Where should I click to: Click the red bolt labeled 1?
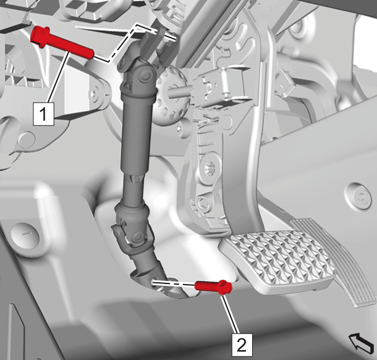click(x=62, y=43)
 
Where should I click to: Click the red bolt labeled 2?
click(x=213, y=287)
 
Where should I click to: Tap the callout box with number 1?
click(x=43, y=114)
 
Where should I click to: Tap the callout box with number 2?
click(x=242, y=345)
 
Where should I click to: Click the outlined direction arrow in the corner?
click(x=362, y=343)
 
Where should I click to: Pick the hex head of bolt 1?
click(x=40, y=36)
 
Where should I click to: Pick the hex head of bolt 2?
click(x=226, y=287)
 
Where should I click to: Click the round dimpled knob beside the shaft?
click(x=171, y=95)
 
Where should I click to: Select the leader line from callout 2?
click(x=231, y=314)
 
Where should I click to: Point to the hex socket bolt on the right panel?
click(x=360, y=196)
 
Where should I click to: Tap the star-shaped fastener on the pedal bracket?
click(x=210, y=167)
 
